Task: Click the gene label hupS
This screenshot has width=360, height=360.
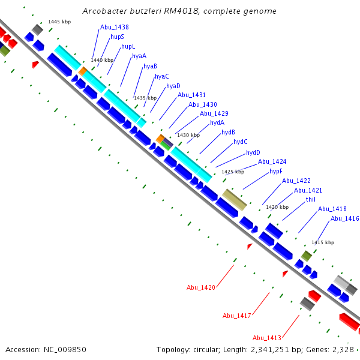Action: click(x=117, y=37)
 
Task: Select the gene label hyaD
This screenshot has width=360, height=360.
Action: click(x=173, y=86)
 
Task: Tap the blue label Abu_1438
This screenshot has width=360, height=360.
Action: click(x=114, y=27)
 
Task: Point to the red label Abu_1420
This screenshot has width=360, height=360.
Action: click(x=200, y=287)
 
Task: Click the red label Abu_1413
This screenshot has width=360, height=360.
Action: click(x=266, y=337)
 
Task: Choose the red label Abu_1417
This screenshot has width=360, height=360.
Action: click(x=236, y=316)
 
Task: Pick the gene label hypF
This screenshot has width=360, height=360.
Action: click(x=275, y=171)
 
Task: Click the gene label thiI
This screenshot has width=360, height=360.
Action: click(x=310, y=199)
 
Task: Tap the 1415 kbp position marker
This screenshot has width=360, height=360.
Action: click(x=322, y=242)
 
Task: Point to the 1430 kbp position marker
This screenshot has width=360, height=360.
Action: click(x=187, y=135)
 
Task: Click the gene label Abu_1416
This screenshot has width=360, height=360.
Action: click(x=344, y=218)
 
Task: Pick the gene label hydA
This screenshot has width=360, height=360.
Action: click(x=217, y=122)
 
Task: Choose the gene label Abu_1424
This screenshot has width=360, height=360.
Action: click(x=272, y=161)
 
